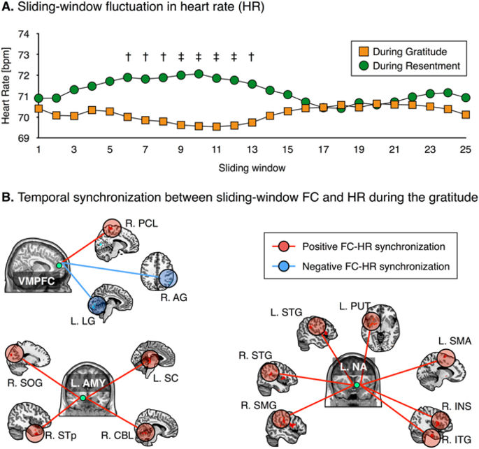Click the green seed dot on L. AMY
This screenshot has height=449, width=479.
point(84,397)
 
